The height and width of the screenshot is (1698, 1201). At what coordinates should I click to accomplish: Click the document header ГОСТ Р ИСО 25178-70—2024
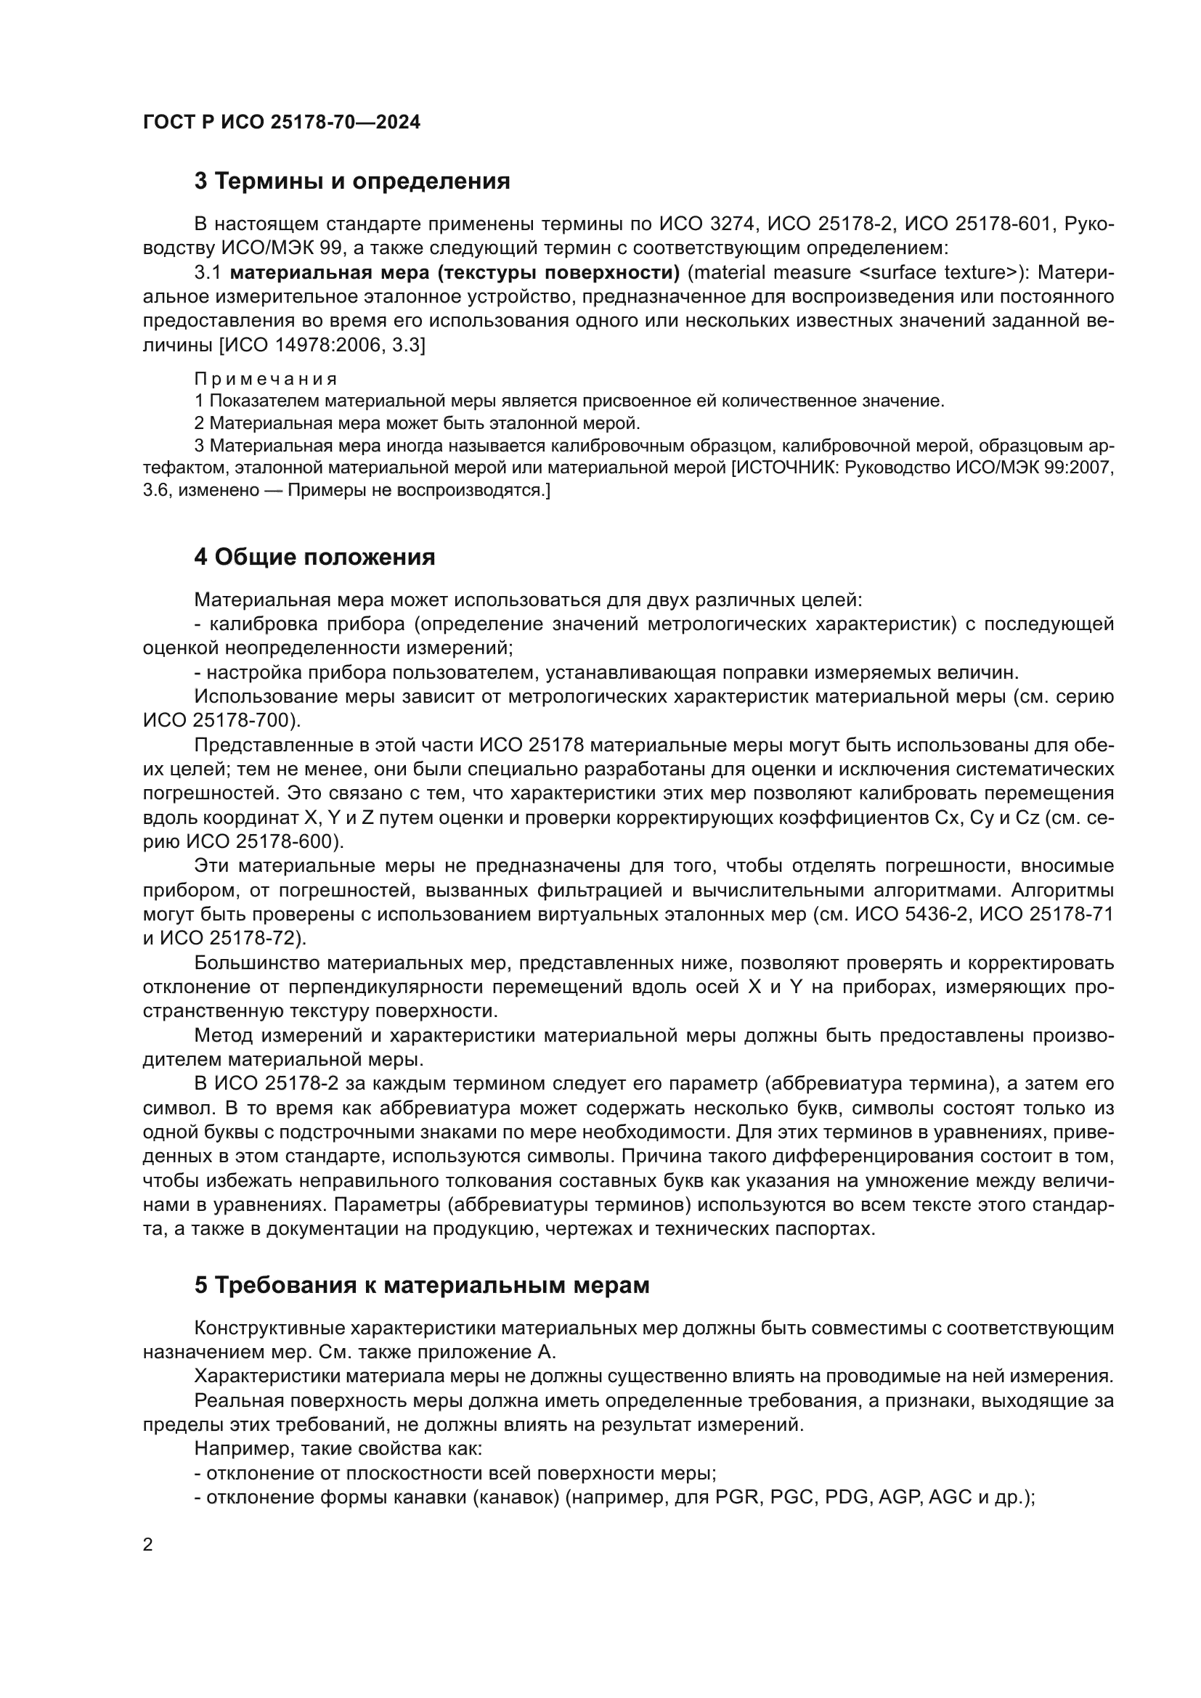(281, 123)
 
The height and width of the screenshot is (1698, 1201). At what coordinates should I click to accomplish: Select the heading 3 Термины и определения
(352, 181)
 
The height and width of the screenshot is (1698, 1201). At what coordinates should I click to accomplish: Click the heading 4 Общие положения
(314, 557)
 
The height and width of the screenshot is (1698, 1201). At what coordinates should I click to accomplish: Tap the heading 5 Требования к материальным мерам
(422, 1286)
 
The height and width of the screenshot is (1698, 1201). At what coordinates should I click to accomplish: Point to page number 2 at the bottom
(148, 1545)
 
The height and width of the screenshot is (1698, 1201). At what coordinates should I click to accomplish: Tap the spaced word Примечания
(266, 380)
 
